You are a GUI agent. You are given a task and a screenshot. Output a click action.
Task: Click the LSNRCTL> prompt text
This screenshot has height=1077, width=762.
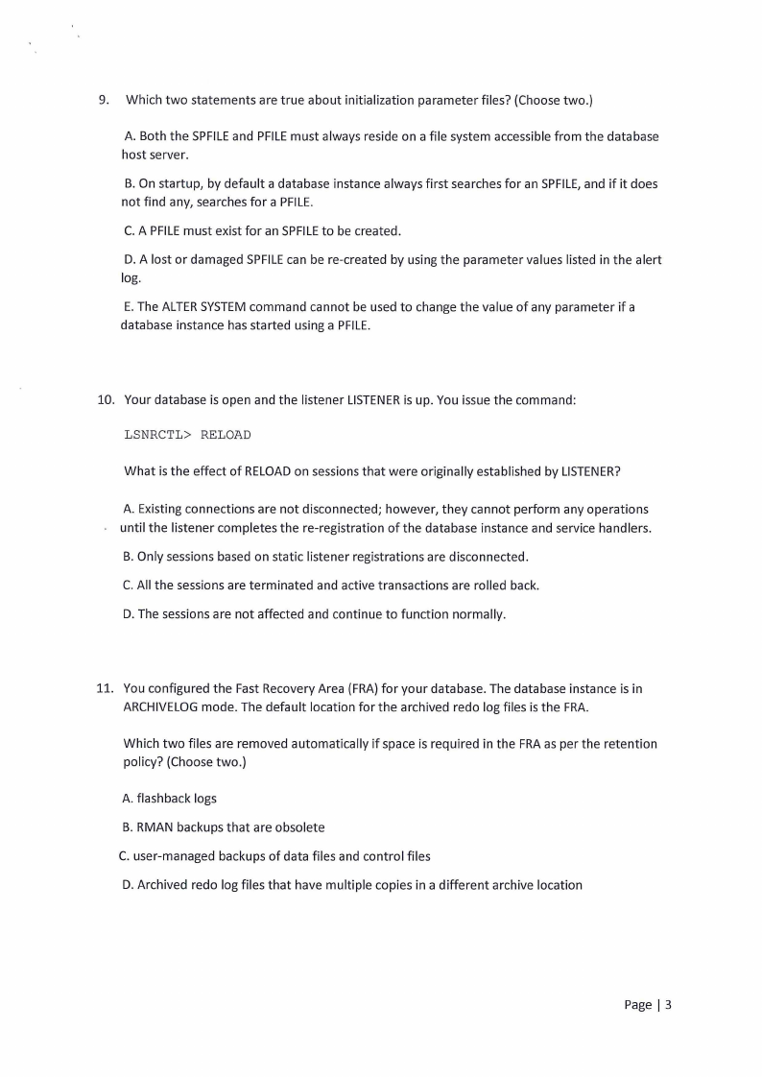coord(158,435)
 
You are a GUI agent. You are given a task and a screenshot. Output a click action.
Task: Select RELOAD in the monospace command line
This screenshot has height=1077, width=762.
coord(226,435)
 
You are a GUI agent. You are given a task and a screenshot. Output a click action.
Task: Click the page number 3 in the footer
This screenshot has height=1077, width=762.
coord(668,1005)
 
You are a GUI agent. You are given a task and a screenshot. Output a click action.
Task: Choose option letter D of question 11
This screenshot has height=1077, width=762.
coord(128,884)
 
